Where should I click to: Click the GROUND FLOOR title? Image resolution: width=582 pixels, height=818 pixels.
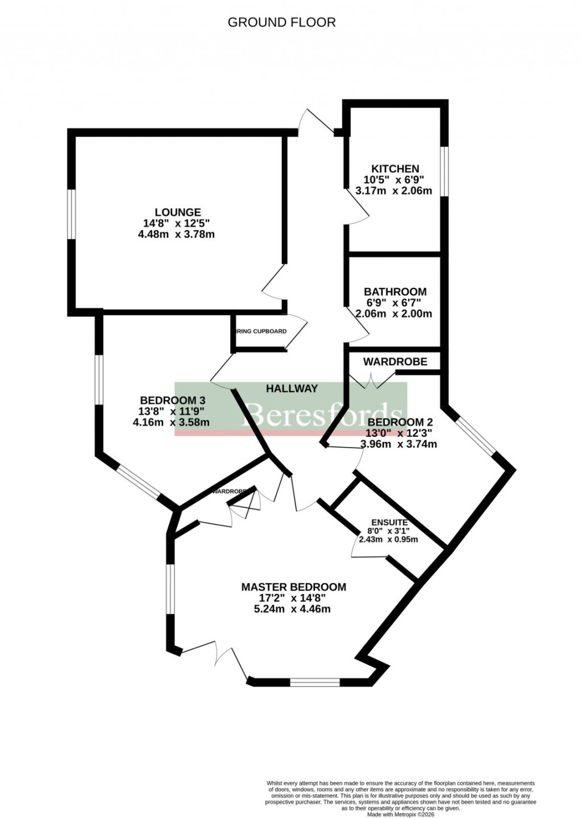tap(281, 22)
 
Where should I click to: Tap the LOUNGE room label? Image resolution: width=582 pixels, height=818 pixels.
tap(178, 213)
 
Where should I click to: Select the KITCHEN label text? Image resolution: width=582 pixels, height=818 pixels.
tap(395, 169)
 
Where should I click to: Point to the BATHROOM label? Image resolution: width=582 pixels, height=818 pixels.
tap(395, 292)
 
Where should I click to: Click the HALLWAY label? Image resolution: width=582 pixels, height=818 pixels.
tap(292, 389)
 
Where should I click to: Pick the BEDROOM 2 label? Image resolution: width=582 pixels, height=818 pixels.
tap(400, 422)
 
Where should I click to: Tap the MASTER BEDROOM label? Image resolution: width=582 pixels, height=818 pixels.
tap(293, 587)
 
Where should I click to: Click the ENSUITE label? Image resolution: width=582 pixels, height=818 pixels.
tap(389, 523)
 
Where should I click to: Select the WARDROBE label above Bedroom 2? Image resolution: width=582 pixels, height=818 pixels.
tap(394, 362)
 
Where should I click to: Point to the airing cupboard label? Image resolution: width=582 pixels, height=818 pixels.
tap(261, 331)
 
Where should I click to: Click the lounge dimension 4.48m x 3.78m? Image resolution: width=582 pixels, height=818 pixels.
tap(176, 234)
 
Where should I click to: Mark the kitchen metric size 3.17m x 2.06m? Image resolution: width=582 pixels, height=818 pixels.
tap(393, 191)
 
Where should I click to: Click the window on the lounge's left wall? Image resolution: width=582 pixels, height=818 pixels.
tap(72, 214)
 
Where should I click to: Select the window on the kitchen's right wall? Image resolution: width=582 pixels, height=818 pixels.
tap(444, 171)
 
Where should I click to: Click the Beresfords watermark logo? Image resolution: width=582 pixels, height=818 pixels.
tap(290, 410)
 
